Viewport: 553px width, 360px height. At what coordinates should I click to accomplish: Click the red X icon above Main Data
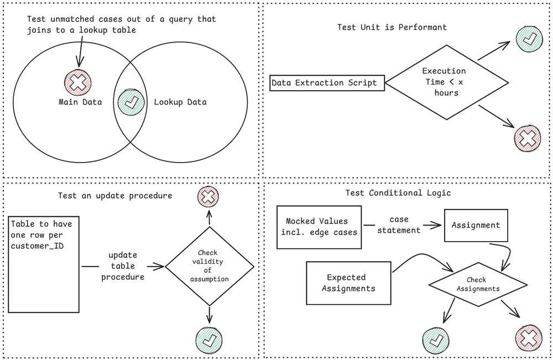[x=78, y=82]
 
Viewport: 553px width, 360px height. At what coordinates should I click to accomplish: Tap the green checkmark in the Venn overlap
[x=131, y=102]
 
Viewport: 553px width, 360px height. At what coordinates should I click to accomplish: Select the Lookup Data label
[x=180, y=102]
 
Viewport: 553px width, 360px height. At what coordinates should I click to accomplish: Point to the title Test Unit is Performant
[x=392, y=27]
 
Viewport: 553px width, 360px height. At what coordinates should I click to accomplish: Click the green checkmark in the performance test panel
[x=529, y=39]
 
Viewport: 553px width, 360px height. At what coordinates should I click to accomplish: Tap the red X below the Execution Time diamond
[x=527, y=138]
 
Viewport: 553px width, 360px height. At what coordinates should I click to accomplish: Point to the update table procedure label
[x=123, y=266]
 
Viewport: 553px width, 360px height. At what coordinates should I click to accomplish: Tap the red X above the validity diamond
[x=208, y=196]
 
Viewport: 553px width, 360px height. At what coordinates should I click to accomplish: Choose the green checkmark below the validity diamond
[x=209, y=340]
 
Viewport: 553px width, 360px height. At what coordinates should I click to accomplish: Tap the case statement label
[x=399, y=225]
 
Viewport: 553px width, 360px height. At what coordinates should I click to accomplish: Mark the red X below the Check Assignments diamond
[x=529, y=338]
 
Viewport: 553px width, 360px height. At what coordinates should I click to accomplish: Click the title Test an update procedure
[x=115, y=196]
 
